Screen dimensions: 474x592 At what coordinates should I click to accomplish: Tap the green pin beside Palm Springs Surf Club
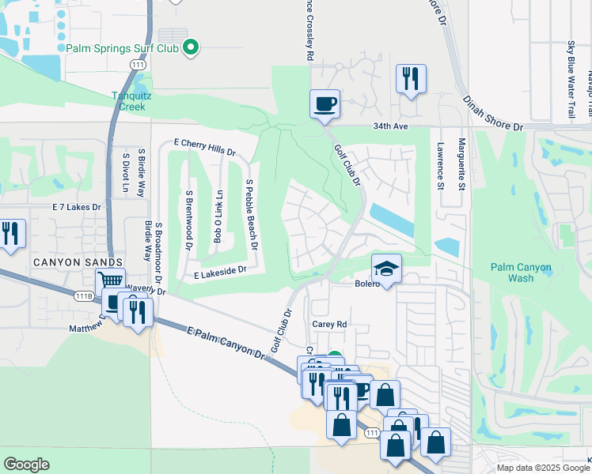(190, 49)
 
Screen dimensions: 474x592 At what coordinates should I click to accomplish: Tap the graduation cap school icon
(386, 269)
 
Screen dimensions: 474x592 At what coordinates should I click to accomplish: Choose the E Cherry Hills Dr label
(204, 145)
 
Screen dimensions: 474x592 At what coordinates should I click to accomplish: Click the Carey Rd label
(330, 324)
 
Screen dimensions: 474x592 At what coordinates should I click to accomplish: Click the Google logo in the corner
(27, 465)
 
